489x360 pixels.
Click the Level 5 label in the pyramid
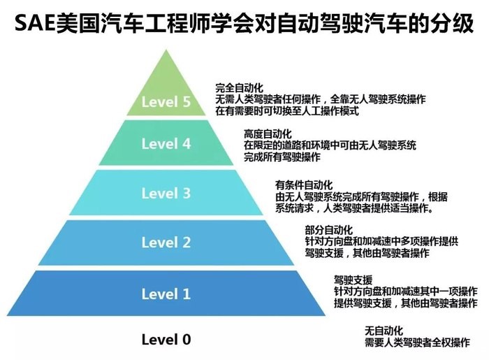click(x=166, y=101)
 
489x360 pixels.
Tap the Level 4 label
click(x=166, y=144)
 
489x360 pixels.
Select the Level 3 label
click(x=166, y=194)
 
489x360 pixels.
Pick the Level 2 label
click(x=166, y=243)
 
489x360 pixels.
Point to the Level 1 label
click(x=166, y=294)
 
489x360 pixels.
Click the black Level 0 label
click(x=166, y=340)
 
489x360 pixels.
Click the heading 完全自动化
click(x=239, y=87)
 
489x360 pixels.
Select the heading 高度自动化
click(x=268, y=134)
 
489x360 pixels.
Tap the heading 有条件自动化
click(x=304, y=185)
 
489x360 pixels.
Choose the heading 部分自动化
click(x=329, y=230)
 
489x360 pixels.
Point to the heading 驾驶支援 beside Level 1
click(x=353, y=280)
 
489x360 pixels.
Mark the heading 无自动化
click(x=384, y=331)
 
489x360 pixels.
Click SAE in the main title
click(x=35, y=23)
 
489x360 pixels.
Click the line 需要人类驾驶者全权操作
click(x=417, y=343)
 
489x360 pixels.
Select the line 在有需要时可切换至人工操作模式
click(x=287, y=110)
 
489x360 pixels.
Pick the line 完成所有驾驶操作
click(x=282, y=157)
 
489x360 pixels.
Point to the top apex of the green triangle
click(x=166, y=50)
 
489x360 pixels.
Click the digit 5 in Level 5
click(x=187, y=101)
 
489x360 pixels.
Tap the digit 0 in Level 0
click(x=187, y=340)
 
